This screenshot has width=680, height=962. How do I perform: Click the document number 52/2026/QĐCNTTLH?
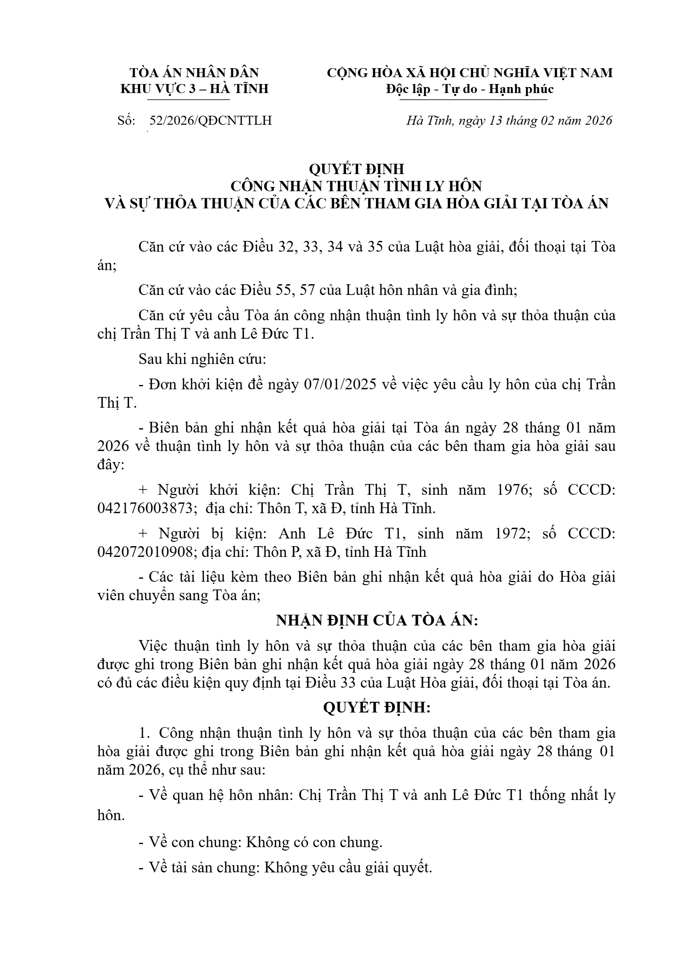point(210,120)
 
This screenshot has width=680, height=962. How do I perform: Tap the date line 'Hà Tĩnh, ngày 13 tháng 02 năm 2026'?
point(509,120)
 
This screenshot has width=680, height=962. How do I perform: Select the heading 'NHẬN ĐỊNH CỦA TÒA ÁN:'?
point(377,620)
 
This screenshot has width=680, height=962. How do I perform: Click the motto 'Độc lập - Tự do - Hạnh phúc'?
point(470,89)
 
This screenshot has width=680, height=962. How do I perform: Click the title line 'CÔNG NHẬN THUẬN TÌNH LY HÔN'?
point(356,186)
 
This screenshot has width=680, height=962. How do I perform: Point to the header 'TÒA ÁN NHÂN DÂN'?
point(194,72)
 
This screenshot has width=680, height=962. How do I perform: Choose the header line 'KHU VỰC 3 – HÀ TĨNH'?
point(194,89)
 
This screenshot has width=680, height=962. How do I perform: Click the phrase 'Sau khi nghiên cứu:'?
point(202,359)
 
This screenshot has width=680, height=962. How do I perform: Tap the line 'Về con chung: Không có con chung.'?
point(260,842)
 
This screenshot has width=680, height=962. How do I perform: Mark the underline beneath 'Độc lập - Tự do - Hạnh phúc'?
point(473,100)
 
